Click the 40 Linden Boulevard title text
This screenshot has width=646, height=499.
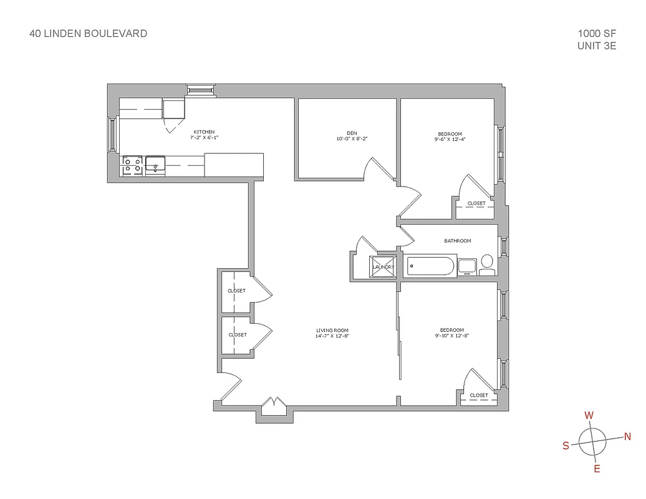tap(89, 34)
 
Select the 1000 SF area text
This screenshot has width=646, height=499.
tap(597, 34)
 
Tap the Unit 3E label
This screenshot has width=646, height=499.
tap(597, 46)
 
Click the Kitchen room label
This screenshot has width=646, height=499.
tap(204, 132)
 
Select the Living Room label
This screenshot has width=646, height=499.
tap(332, 331)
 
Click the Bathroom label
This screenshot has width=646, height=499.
tap(458, 241)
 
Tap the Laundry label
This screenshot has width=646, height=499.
tap(383, 267)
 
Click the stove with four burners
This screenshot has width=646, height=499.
tap(132, 165)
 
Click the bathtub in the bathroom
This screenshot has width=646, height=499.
tap(431, 266)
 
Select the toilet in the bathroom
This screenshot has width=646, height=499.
tap(487, 264)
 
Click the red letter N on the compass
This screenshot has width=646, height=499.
tap(627, 437)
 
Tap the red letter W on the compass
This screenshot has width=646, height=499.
tap(589, 415)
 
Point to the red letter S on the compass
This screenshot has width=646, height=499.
tap(566, 445)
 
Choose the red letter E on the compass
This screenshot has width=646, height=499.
tap(597, 469)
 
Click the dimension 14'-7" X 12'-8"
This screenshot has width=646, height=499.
tap(332, 337)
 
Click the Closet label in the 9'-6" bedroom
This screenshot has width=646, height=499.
tap(476, 203)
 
